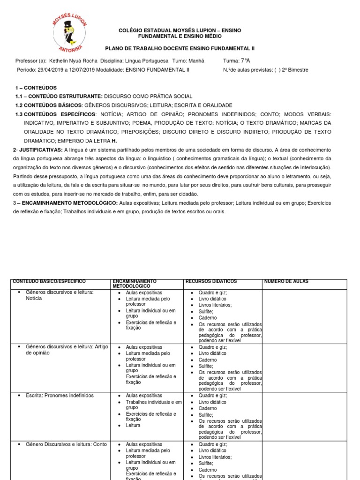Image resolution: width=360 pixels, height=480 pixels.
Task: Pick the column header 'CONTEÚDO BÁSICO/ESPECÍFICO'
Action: coord(49,281)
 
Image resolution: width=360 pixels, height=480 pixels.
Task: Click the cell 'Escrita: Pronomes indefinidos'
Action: coord(60,396)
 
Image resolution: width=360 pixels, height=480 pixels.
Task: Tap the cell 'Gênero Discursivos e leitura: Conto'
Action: coord(66,444)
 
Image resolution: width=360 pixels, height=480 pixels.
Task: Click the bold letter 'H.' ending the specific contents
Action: coord(113,141)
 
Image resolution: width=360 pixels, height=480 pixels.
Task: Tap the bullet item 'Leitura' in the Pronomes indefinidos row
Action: coord(133,426)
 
